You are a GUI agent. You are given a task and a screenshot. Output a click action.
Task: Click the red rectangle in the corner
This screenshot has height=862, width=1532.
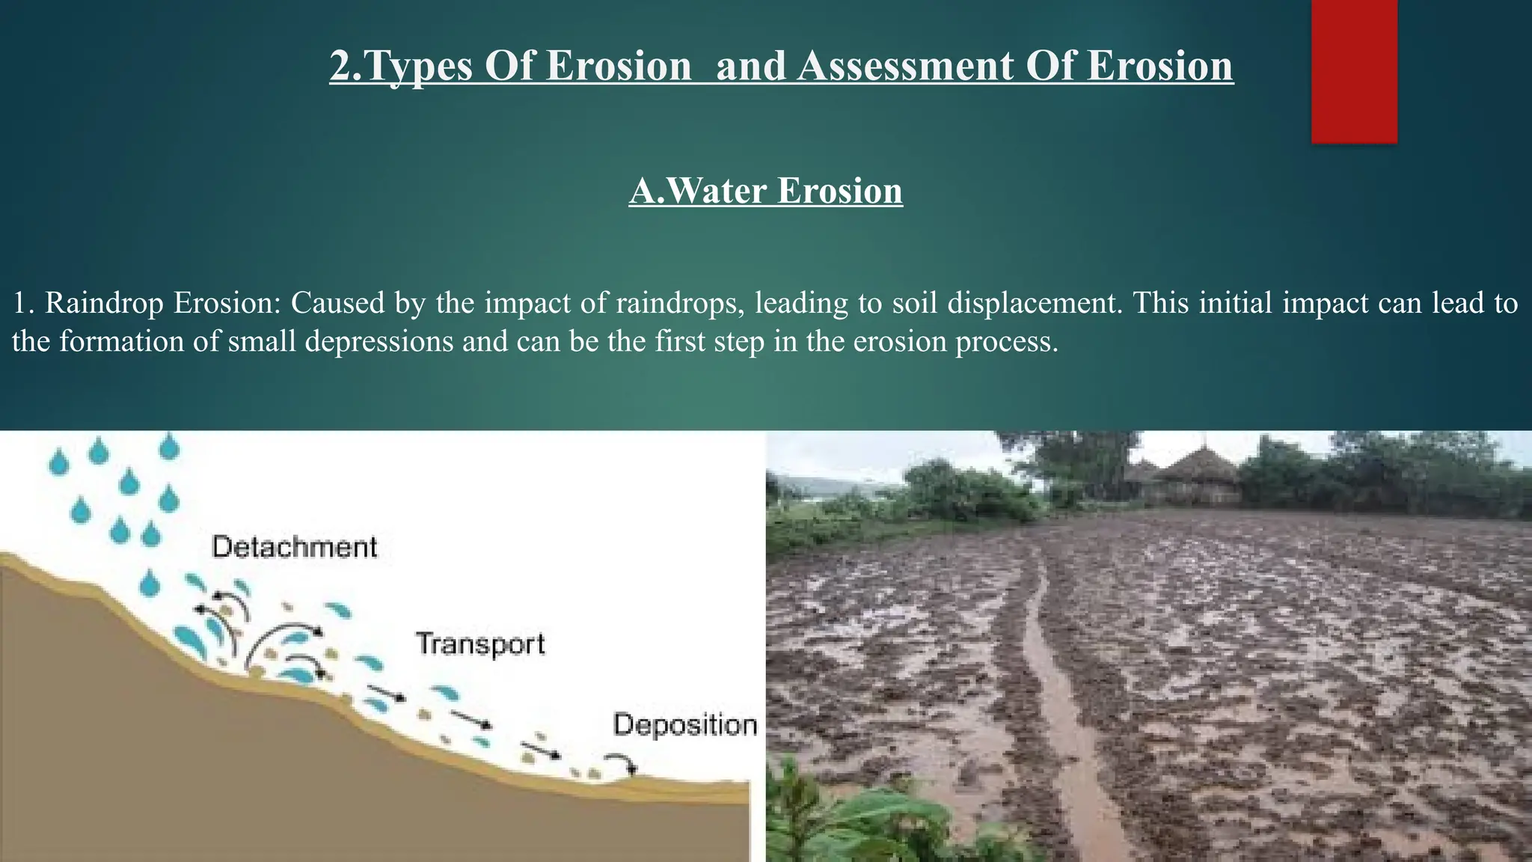point(1354,71)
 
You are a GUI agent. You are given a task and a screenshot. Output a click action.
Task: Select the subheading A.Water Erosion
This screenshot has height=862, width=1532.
point(766,191)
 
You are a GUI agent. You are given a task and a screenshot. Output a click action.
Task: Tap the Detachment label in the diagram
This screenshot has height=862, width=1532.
point(295,547)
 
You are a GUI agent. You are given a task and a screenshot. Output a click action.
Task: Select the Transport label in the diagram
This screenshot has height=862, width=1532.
point(480,644)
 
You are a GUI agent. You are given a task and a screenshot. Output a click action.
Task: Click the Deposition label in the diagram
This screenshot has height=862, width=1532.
point(685,725)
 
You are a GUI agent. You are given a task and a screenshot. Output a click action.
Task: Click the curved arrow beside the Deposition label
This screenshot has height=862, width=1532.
point(622,763)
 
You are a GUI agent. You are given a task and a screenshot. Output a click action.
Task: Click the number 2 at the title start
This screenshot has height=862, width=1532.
point(340,66)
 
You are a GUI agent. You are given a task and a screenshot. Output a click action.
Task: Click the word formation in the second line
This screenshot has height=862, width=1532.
point(139,342)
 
